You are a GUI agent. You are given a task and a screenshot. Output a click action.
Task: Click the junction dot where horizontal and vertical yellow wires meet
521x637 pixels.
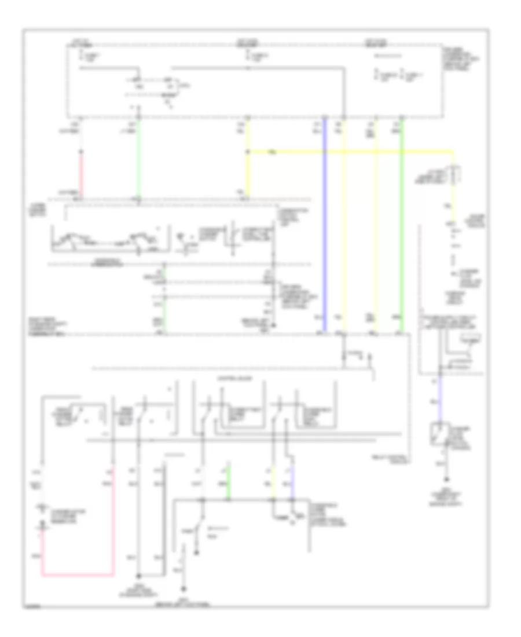(248, 152)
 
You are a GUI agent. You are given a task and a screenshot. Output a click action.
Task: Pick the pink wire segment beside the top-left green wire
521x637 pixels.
(80, 174)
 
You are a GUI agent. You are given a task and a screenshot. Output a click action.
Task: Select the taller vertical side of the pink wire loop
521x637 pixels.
(112, 521)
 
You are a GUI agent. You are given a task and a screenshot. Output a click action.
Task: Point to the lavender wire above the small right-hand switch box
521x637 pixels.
(439, 400)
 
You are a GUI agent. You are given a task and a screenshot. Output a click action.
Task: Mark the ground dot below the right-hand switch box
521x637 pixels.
(446, 480)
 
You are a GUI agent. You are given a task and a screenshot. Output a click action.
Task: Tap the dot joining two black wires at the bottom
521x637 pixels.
(139, 576)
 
